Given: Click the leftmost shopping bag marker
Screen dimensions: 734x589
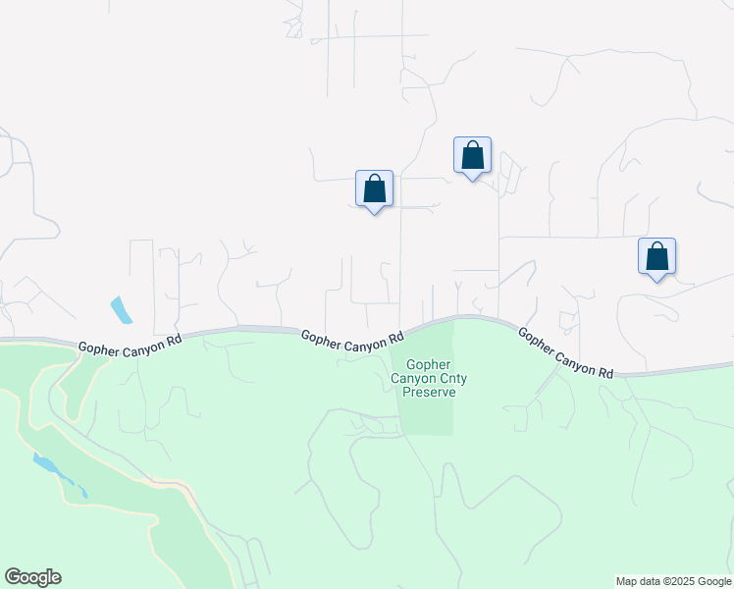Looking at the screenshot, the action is click(374, 188).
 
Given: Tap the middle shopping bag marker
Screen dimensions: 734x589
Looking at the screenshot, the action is click(472, 155).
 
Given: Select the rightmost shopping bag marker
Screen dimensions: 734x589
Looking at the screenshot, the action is click(656, 256).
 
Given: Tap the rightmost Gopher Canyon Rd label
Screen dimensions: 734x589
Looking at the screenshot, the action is click(565, 352).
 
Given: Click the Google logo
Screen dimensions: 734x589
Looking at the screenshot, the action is click(32, 577).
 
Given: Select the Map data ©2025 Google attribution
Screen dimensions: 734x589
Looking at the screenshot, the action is click(673, 581).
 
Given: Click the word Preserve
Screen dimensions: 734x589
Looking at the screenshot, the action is click(428, 392).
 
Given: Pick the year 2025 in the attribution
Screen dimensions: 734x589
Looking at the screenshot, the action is click(683, 581).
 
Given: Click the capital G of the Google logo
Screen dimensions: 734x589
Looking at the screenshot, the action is click(13, 576).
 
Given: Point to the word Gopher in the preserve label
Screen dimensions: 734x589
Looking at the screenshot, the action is click(428, 363).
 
